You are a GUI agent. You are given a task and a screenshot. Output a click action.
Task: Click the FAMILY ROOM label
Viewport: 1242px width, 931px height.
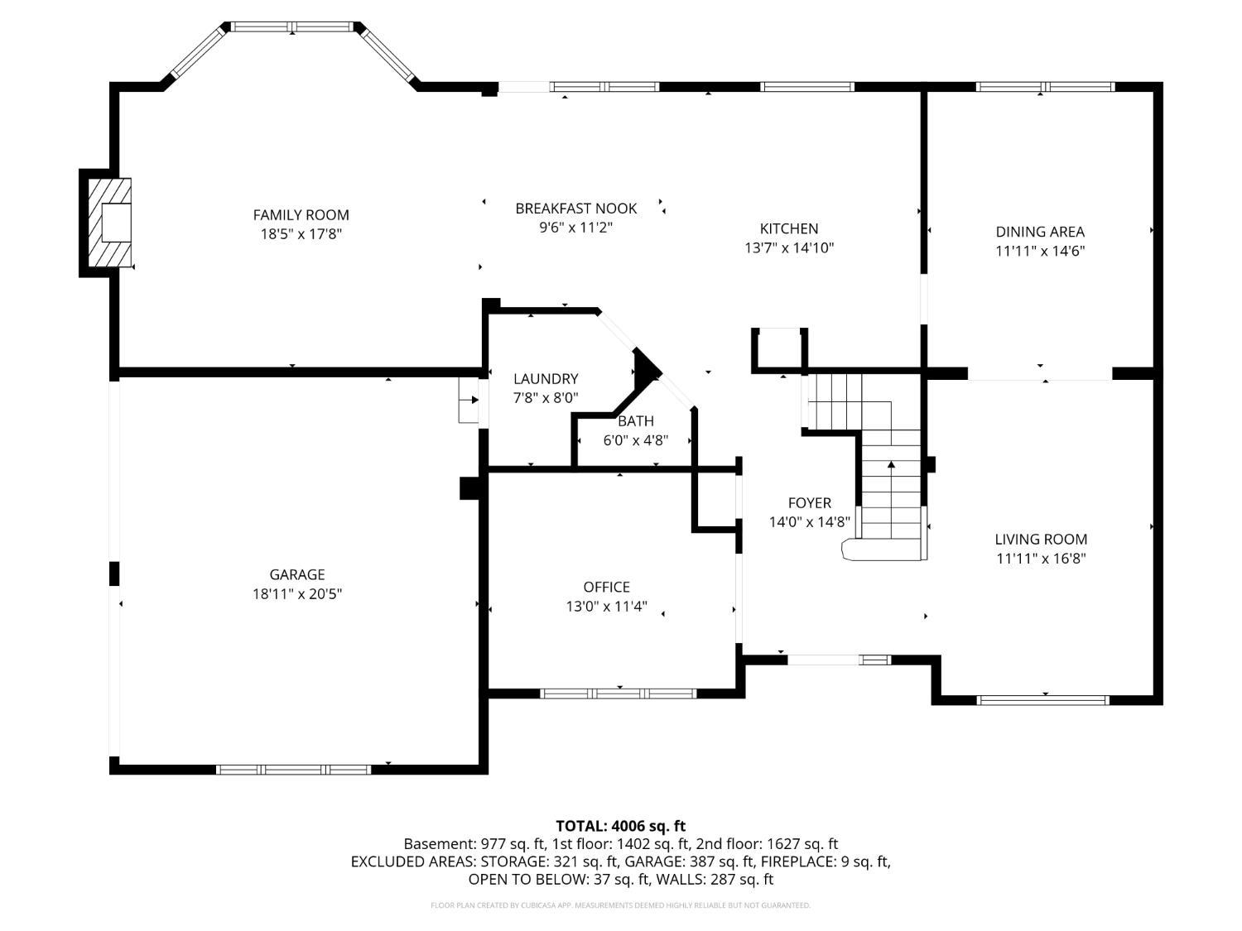click(301, 215)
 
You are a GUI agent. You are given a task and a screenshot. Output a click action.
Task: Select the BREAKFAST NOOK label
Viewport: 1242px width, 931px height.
click(575, 209)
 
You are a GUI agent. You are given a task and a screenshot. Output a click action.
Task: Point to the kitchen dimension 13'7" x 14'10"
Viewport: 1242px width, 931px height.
click(789, 247)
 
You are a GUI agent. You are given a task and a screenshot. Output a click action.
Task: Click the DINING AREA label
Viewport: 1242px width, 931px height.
click(1039, 232)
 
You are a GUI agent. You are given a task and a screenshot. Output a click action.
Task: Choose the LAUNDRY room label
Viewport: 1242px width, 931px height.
click(546, 379)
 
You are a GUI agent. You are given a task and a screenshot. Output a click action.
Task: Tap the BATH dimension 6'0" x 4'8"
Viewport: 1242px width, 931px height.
click(635, 439)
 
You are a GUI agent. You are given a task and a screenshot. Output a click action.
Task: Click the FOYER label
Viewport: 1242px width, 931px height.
click(809, 502)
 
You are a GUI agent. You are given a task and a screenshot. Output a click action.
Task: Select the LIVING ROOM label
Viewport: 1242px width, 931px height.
click(1041, 540)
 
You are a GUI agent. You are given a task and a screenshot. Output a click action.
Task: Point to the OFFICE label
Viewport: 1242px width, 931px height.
click(606, 587)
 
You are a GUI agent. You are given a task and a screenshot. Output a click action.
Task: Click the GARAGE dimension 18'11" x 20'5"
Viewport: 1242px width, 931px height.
click(297, 593)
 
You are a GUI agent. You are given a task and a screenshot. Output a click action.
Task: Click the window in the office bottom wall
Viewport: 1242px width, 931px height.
click(618, 693)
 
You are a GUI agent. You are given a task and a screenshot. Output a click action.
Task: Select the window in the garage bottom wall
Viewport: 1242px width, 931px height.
click(294, 770)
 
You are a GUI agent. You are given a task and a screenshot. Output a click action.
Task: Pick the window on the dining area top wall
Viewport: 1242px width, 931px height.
click(1045, 87)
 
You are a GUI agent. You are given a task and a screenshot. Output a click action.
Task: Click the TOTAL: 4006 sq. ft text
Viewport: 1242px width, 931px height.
click(620, 826)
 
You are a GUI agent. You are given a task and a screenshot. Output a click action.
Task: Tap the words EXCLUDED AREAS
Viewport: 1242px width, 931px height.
click(414, 861)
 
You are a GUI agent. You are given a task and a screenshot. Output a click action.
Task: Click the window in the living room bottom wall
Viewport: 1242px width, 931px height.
click(1042, 700)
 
